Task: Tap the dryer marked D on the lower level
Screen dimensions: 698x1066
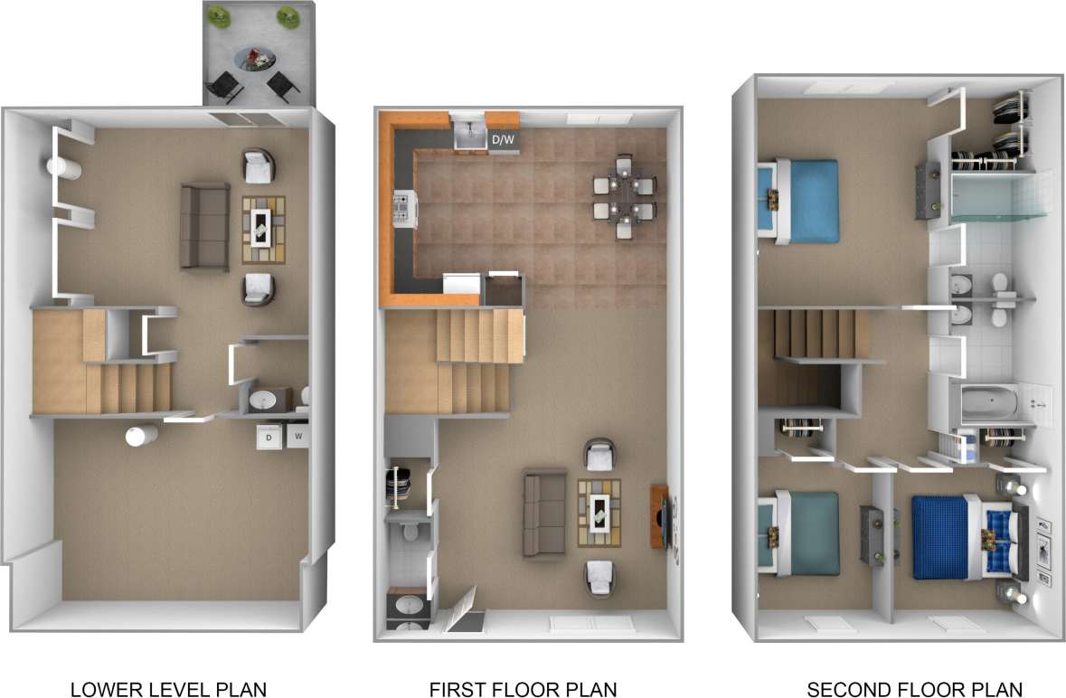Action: click(269, 438)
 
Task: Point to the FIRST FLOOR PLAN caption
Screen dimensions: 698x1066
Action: click(523, 689)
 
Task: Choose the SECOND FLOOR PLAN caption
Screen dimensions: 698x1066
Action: click(913, 689)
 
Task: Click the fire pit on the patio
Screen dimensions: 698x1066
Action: click(256, 61)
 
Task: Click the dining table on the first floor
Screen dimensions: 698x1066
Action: click(625, 195)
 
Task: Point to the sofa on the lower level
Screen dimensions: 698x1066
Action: click(203, 225)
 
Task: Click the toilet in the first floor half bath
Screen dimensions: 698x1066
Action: click(410, 529)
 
